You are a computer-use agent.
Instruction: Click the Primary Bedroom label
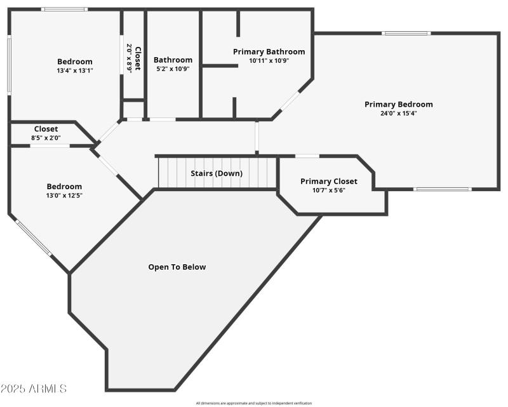398,104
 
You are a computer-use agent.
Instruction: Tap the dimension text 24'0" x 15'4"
398,113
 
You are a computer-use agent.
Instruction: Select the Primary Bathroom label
269,51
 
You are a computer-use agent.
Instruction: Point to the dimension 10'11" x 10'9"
269,61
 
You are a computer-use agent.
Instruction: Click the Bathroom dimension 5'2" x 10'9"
173,69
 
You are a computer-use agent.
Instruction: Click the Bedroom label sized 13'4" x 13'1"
74,62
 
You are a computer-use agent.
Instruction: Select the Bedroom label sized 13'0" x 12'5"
64,186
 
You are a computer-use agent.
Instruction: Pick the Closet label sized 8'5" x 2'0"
46,129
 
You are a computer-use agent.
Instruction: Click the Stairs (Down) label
217,173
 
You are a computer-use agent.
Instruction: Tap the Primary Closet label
328,181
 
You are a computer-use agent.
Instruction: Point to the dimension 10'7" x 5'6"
328,190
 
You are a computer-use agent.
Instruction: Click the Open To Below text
177,267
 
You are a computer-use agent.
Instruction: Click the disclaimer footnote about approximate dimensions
254,403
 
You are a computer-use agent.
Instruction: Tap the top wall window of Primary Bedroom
406,33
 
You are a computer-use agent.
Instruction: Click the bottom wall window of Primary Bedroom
442,189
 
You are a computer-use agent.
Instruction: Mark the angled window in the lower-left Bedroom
33,237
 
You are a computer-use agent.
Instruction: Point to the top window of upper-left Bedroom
64,10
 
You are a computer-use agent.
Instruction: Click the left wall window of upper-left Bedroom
9,65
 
